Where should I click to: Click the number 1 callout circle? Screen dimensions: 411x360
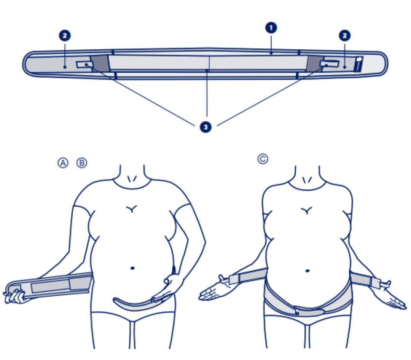(x=271, y=28)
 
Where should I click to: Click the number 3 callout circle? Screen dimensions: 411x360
(x=206, y=127)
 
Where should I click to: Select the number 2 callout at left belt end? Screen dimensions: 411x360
(x=65, y=36)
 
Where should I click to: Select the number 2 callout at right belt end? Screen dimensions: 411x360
(x=345, y=36)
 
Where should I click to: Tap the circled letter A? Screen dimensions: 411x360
(x=63, y=163)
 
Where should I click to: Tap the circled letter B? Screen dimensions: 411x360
(x=82, y=163)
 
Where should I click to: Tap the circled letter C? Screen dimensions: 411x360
(x=263, y=159)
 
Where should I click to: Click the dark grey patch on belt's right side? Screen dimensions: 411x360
(x=315, y=63)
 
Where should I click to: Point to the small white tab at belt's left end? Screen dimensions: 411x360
(x=84, y=64)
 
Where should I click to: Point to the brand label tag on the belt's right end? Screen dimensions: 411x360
(x=358, y=64)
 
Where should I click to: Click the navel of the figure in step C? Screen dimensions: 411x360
(x=307, y=271)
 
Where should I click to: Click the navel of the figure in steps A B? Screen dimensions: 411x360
(x=132, y=268)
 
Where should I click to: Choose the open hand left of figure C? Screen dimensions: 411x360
(x=213, y=290)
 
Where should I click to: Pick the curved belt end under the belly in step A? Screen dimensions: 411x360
(x=136, y=304)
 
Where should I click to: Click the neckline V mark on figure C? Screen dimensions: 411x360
(x=307, y=180)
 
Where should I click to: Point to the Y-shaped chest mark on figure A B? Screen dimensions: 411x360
(x=131, y=209)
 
